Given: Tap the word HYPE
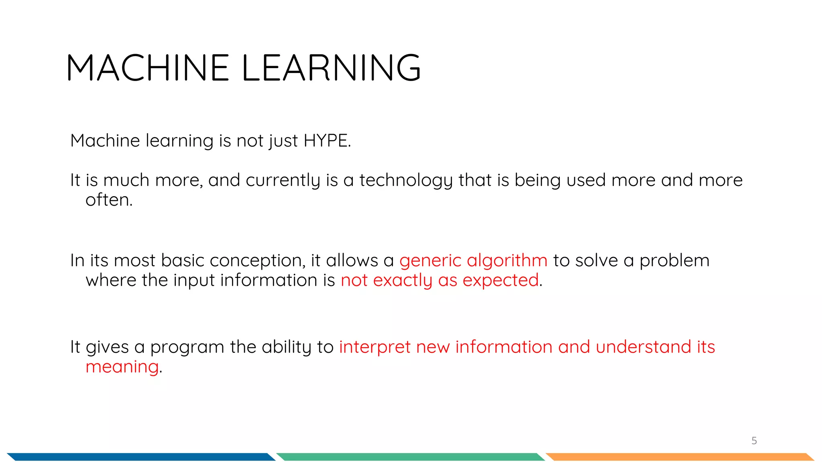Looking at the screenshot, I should (327, 141).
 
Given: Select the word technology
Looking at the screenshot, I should (406, 180).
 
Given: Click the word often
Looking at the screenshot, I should (109, 200).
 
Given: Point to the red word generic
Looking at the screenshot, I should (430, 261).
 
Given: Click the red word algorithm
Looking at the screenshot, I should (507, 261).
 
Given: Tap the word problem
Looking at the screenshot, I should (674, 261).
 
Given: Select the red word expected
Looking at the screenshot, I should (501, 280).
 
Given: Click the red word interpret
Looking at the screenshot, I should (375, 347).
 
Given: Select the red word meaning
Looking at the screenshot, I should (122, 367).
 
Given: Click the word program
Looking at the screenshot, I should (187, 347).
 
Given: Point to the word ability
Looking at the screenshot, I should (287, 347).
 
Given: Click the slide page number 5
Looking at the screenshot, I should (754, 441).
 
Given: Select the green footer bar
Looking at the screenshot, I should (410, 457).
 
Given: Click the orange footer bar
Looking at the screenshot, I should (680, 457).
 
